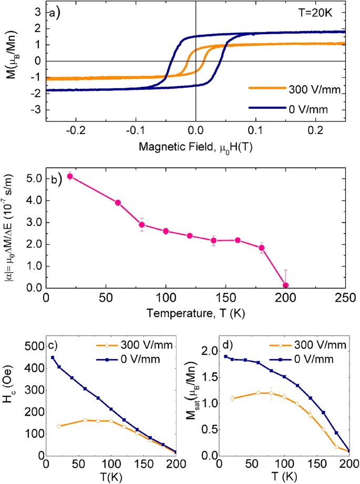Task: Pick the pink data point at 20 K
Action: (x=69, y=177)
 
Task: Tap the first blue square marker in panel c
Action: (x=53, y=358)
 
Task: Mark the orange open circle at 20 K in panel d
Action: (x=232, y=398)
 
